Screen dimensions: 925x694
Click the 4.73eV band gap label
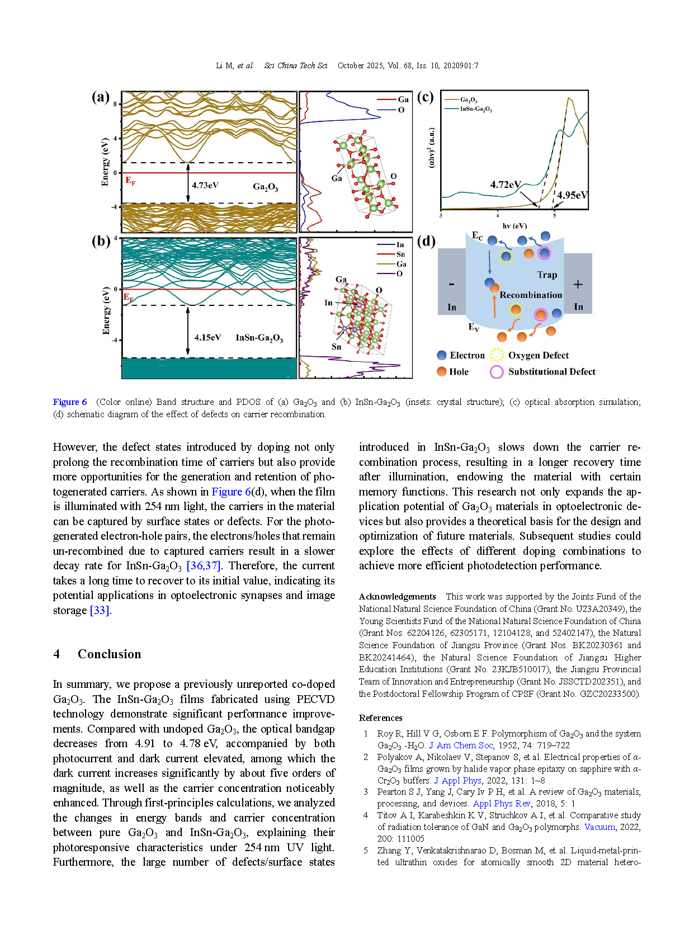tap(205, 185)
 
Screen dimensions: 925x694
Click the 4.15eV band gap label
tap(207, 337)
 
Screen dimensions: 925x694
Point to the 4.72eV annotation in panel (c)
tap(506, 185)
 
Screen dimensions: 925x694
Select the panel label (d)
tap(426, 241)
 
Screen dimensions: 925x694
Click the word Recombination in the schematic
tap(531, 295)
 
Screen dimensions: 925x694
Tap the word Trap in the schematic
tap(547, 275)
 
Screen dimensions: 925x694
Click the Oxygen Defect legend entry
tap(537, 355)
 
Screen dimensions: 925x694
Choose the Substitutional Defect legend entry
tap(551, 371)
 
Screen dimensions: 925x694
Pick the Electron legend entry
tap(466, 355)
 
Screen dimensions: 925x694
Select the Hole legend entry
tap(458, 371)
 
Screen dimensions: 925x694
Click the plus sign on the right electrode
tap(578, 284)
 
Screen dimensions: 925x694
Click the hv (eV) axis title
tap(514, 226)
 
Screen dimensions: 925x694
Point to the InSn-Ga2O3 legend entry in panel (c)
tap(475, 109)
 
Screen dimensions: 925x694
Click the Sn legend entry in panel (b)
tap(400, 254)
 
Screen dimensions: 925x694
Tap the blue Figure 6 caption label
tap(70, 402)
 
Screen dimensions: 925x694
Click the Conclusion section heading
tap(109, 654)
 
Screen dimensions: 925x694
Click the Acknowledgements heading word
tap(397, 597)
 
